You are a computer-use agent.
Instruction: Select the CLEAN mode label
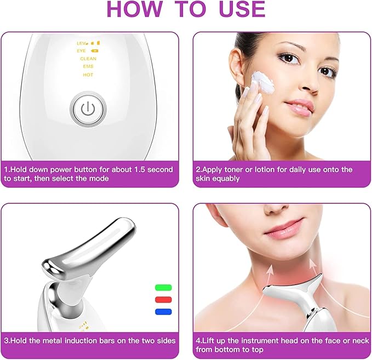[88, 59]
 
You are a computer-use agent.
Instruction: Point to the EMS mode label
[88, 66]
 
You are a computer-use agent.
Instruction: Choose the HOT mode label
[88, 75]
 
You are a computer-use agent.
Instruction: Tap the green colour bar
[163, 287]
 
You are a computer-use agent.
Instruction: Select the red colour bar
[163, 300]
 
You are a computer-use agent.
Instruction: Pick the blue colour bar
[163, 312]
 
